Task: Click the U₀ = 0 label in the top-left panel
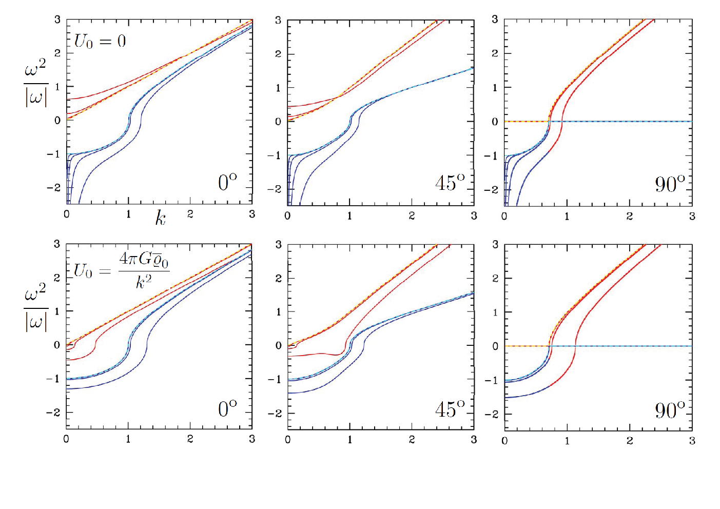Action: click(100, 42)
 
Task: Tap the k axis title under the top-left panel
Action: click(161, 218)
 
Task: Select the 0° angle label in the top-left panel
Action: click(227, 182)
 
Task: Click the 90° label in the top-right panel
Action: click(670, 184)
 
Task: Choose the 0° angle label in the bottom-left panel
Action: click(227, 408)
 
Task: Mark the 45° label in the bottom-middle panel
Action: click(450, 409)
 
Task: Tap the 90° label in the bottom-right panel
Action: click(670, 410)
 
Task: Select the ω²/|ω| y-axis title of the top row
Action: click(36, 83)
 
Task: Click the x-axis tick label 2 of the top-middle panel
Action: click(412, 216)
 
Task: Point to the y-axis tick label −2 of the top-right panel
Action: click(491, 189)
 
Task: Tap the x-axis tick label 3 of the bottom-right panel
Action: click(692, 440)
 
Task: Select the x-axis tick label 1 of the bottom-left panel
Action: click(128, 439)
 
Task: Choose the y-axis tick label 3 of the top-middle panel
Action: click(278, 20)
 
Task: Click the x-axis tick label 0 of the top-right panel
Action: click(504, 216)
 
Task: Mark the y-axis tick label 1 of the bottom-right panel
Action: click(495, 312)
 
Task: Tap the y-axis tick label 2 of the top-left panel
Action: click(57, 53)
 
